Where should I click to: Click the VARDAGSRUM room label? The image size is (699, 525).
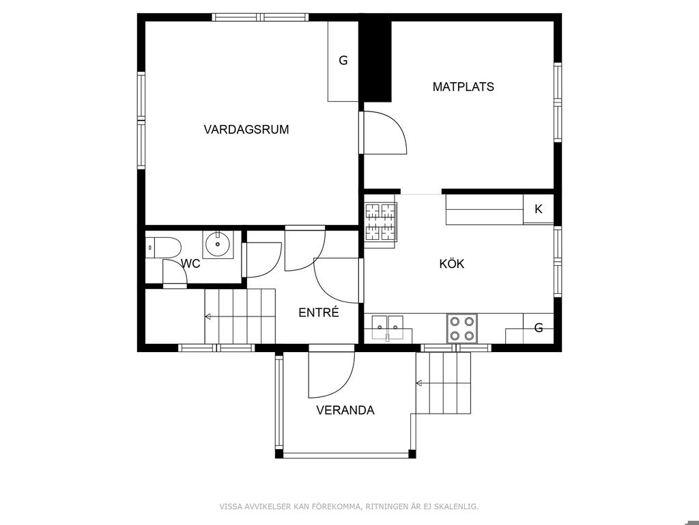coord(246,129)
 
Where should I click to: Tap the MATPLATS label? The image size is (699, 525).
coord(463,87)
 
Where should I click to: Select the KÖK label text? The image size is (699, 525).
coord(452,263)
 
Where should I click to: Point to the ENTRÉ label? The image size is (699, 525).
coord(319,312)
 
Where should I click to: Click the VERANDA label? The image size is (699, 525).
coord(345,410)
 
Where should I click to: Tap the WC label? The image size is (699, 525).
coord(190,264)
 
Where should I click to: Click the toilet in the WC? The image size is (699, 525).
coord(163,247)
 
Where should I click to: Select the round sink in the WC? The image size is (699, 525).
coord(218,244)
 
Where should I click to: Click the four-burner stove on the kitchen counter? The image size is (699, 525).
coord(462,329)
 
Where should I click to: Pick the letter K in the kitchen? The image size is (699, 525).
coord(538,209)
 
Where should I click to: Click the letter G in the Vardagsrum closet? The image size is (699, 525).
coord(343,60)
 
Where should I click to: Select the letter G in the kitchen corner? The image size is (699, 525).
coord(539,328)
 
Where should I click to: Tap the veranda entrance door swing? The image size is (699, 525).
coord(343,385)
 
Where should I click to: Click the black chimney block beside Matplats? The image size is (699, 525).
coord(375,62)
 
